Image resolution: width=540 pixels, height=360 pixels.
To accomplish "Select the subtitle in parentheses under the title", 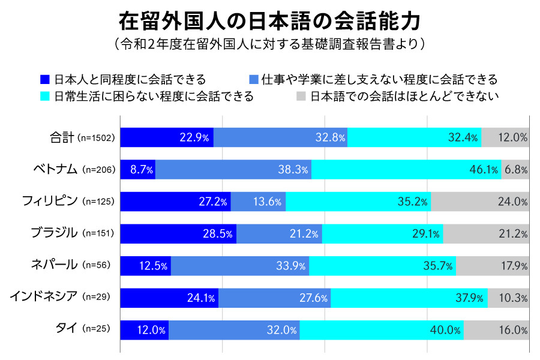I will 269,45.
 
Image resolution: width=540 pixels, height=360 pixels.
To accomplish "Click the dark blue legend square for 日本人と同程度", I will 44,79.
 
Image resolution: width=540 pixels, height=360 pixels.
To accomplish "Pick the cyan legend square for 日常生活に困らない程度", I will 44,96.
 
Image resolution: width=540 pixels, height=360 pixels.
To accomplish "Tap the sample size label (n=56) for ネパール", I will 96,265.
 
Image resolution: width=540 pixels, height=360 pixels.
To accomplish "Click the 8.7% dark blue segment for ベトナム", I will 138,169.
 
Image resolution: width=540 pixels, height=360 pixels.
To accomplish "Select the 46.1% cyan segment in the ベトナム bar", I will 406,169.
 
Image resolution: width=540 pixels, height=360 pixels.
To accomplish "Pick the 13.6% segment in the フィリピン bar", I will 258,201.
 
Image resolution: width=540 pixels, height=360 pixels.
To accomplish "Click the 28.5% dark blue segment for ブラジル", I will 178,233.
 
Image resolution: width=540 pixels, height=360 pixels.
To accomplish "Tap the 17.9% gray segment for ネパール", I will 492,265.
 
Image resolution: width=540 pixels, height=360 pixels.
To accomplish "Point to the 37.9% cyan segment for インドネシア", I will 409,298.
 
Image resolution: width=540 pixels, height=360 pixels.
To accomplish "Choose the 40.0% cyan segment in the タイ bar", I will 382,329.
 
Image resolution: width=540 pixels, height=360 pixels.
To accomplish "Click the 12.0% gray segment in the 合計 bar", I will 505,137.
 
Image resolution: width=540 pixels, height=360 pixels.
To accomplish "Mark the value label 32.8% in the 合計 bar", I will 331,137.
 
